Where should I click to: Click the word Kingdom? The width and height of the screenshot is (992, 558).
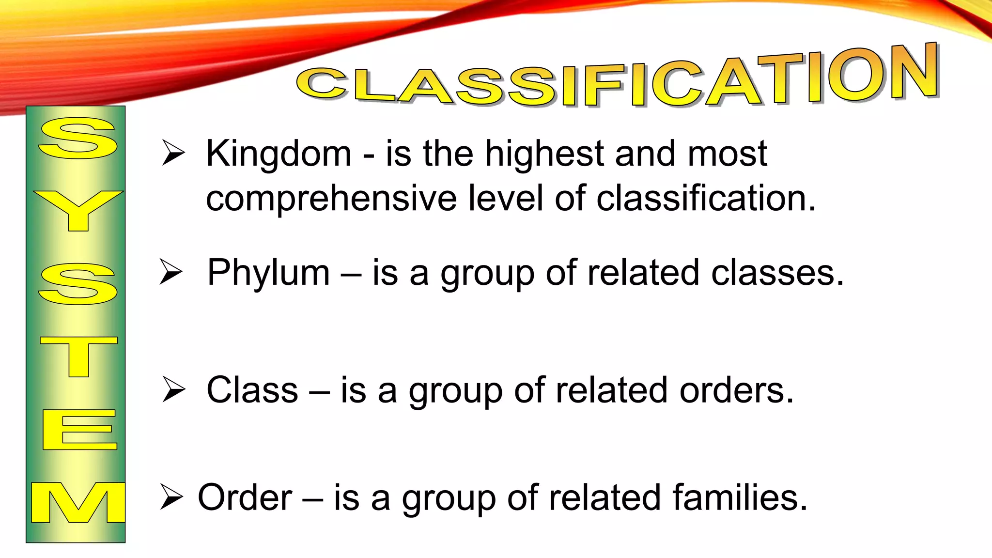[x=279, y=154]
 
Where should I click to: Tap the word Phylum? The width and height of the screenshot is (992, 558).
[x=268, y=273]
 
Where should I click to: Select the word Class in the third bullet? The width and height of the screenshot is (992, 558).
[x=252, y=390]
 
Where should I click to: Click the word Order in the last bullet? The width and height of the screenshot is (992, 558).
[x=245, y=497]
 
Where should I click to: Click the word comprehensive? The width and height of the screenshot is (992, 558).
[x=331, y=199]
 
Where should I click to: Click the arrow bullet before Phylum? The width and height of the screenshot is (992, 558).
[x=171, y=272]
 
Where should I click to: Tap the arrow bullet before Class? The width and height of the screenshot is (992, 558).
[x=173, y=389]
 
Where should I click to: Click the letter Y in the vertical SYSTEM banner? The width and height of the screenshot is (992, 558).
[x=78, y=210]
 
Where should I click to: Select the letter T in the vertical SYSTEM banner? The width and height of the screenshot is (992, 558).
[x=78, y=356]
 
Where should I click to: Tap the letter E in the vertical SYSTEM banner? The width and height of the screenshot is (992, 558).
[x=79, y=429]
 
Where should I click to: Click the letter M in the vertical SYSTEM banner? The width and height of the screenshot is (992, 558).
[x=78, y=502]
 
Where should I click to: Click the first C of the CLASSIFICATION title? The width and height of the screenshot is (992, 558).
[x=322, y=83]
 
